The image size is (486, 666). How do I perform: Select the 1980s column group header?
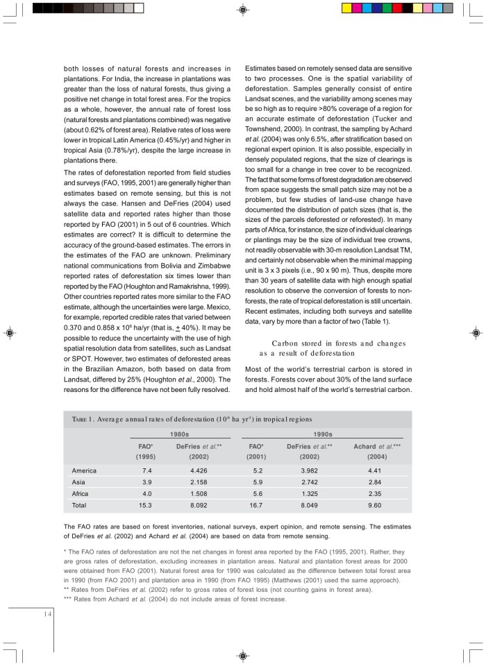coord(179,434)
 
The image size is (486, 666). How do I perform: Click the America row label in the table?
coord(84,470)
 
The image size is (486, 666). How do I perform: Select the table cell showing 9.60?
coord(376,505)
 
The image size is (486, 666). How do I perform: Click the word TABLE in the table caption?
coord(81,420)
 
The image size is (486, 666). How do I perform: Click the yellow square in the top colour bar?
coord(347,8)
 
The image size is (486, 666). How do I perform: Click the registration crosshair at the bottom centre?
coord(242,655)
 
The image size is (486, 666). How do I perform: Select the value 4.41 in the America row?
coord(376,470)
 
